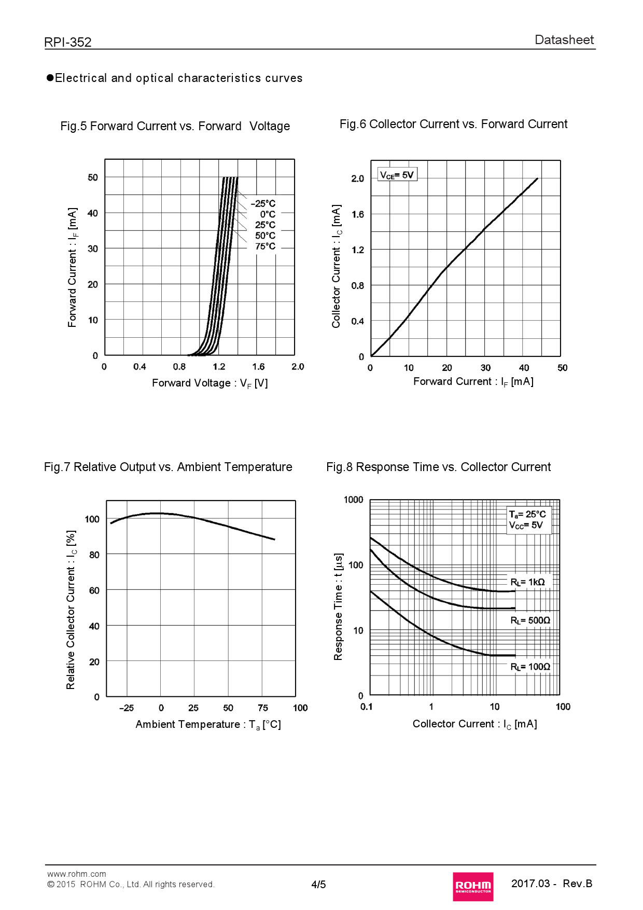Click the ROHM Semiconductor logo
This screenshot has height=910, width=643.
[472, 886]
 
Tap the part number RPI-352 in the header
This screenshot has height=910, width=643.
[68, 42]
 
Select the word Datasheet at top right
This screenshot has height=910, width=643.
[564, 40]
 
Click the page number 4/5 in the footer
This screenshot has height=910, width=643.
[318, 885]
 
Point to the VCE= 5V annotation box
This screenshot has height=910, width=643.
[397, 175]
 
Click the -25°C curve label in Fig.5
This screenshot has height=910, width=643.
[263, 203]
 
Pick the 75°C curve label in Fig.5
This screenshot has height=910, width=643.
[265, 246]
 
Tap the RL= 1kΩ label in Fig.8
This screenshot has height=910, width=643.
[528, 582]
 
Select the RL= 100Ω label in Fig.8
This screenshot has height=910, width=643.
[530, 667]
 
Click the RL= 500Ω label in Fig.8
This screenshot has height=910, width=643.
[530, 621]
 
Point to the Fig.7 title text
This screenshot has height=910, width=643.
[168, 467]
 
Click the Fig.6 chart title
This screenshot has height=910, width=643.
[453, 124]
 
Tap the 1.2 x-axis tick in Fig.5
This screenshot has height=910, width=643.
[219, 367]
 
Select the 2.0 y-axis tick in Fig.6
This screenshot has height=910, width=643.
[358, 178]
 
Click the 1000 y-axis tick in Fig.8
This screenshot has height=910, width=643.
[354, 500]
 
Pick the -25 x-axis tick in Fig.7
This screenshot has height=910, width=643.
[127, 708]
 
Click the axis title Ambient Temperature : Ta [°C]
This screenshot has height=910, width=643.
[208, 724]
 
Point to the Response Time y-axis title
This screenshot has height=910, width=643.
[338, 606]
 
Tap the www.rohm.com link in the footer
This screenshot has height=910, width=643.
[77, 874]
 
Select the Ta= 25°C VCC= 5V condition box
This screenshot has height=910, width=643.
[528, 519]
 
